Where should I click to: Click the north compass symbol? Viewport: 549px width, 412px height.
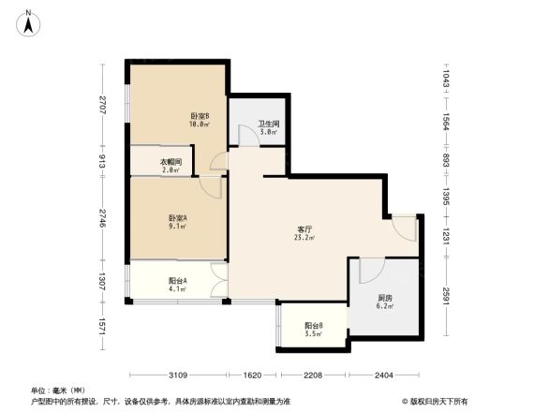30,22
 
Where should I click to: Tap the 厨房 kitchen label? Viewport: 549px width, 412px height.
385,298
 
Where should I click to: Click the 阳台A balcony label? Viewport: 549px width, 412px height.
177,280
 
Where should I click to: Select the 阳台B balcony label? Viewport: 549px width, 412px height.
314,326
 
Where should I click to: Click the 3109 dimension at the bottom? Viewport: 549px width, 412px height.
182,375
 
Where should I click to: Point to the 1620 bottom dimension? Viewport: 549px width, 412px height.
253,375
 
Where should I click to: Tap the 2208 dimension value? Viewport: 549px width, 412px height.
312,375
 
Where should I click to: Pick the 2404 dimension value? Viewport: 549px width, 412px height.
383,375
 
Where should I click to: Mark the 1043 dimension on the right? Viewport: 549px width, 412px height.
448,80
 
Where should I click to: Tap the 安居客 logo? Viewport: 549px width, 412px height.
441,401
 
